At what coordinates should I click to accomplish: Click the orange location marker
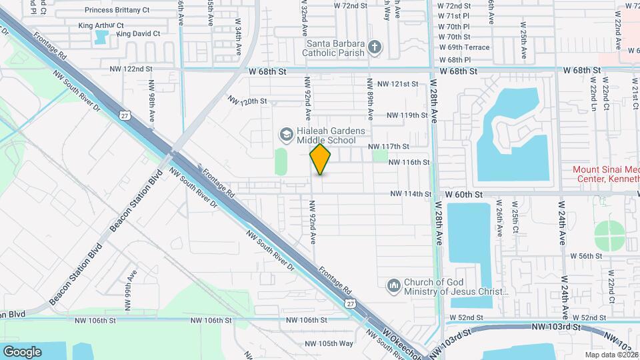tap(321, 159)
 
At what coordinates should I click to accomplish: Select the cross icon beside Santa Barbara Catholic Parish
tap(375, 47)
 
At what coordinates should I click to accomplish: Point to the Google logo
tap(22, 351)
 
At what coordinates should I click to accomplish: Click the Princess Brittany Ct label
tap(117, 11)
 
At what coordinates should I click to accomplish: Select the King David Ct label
tap(138, 33)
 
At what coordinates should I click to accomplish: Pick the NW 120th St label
tap(247, 101)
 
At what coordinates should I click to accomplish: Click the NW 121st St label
tap(397, 84)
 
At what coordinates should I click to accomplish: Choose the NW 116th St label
tap(409, 162)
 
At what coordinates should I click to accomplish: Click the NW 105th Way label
tap(329, 344)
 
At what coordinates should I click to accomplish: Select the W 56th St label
tap(586, 256)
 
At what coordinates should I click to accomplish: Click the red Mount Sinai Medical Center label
tap(606, 175)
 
